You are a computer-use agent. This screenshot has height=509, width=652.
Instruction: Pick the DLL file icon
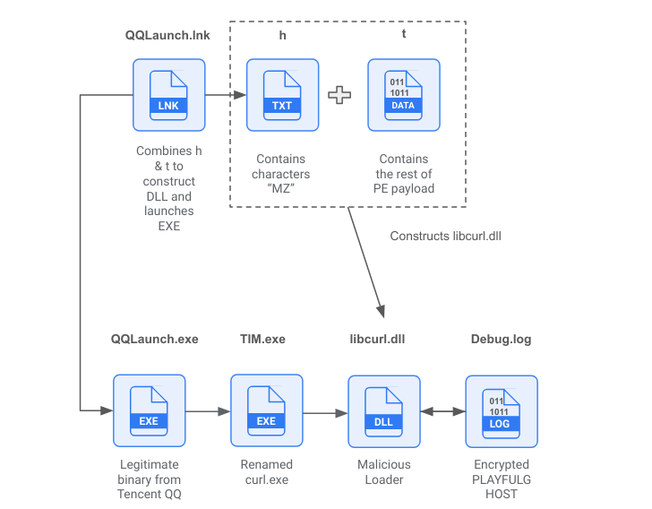coord(383,410)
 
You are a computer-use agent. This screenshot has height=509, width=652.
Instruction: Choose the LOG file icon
coord(501,411)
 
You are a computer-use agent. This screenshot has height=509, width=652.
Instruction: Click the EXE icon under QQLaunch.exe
coord(149,410)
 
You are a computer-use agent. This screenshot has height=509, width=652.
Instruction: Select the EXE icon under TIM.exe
coord(266,410)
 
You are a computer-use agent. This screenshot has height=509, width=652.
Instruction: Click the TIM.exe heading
coord(262,340)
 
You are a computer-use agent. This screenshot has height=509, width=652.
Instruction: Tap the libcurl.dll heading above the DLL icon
coord(379,340)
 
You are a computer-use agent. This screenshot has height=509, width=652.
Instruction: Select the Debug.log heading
coord(501,340)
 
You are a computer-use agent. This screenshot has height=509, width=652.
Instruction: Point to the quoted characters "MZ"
coord(281,189)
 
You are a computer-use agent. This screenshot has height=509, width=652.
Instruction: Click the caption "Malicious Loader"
coord(383,472)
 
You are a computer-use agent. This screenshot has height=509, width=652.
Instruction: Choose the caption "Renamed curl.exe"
coord(266,472)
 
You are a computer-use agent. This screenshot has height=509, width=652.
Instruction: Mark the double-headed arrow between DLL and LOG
coord(442,412)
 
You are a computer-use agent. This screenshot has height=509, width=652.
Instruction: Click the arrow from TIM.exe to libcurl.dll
coord(324,413)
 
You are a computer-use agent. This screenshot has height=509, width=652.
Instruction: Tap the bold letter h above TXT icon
coord(282,35)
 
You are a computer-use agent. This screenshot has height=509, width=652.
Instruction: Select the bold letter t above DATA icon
coord(403,35)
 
